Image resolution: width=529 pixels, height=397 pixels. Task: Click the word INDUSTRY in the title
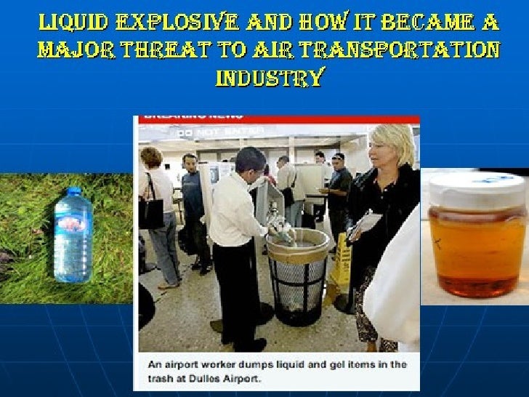point(269,76)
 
